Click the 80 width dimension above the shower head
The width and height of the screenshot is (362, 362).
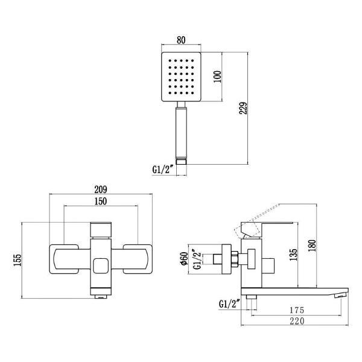pos(180,41)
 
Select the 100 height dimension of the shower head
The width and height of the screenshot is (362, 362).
pos(218,77)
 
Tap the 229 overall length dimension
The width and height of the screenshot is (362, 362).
pos(244,107)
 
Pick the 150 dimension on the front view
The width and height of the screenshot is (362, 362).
pos(101,201)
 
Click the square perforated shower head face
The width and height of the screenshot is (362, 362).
pos(180,78)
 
